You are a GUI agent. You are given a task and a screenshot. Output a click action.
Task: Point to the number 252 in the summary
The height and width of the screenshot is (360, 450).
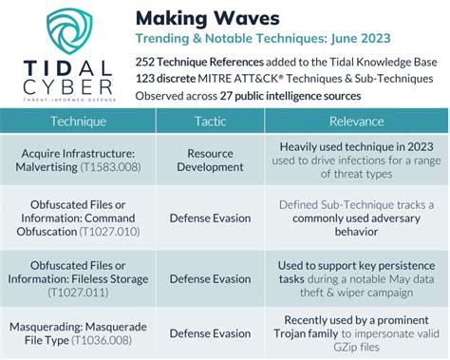tap(146, 60)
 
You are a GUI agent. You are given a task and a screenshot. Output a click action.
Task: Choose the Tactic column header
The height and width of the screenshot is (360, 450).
tap(210, 122)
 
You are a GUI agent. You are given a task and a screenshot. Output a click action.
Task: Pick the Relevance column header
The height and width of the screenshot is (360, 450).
tap(356, 122)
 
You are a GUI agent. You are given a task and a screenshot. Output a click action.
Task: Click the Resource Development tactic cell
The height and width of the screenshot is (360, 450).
tap(210, 161)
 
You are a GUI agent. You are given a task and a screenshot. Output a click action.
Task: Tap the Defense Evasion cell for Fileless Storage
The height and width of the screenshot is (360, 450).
tap(210, 279)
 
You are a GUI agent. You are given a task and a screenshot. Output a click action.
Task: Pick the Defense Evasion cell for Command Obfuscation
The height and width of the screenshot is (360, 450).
tap(210, 217)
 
